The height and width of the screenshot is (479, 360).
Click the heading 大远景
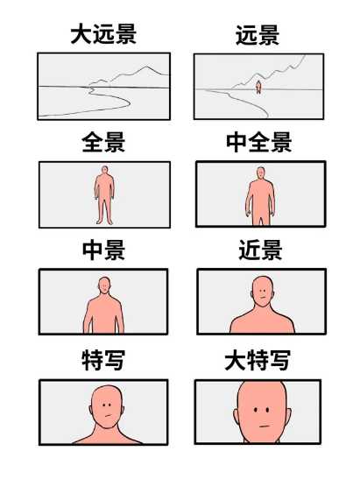tap(103, 36)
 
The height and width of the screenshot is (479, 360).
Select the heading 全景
tap(103, 143)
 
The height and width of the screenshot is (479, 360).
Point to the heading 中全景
tap(258, 143)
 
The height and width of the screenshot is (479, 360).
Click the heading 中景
tap(103, 250)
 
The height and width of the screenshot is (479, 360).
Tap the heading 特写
tap(103, 360)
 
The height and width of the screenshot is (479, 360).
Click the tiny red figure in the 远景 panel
tap(258, 86)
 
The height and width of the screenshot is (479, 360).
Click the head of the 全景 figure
tap(104, 171)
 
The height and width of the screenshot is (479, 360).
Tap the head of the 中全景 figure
tap(260, 173)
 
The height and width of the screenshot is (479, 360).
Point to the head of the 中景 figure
tap(104, 285)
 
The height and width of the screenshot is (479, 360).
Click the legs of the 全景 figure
tap(104, 211)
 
